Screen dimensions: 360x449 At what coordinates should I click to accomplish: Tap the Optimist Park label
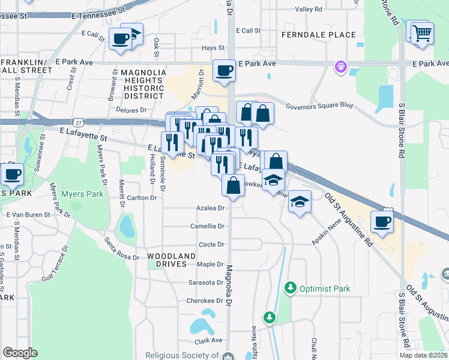tap(325, 289)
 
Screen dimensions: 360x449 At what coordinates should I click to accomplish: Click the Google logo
tap(20, 352)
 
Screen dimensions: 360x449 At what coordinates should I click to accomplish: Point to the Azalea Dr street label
tap(210, 208)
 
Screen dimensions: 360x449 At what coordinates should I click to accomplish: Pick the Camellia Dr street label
tap(208, 226)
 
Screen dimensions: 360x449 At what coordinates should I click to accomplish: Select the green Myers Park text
tap(82, 194)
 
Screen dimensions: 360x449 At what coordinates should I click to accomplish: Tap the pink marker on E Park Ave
tap(342, 65)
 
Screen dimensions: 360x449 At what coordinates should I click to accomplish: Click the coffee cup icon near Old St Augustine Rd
tap(382, 222)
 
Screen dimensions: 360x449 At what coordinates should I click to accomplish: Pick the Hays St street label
tap(212, 48)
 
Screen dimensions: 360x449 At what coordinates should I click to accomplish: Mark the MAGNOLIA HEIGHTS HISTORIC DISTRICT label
tap(143, 84)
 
